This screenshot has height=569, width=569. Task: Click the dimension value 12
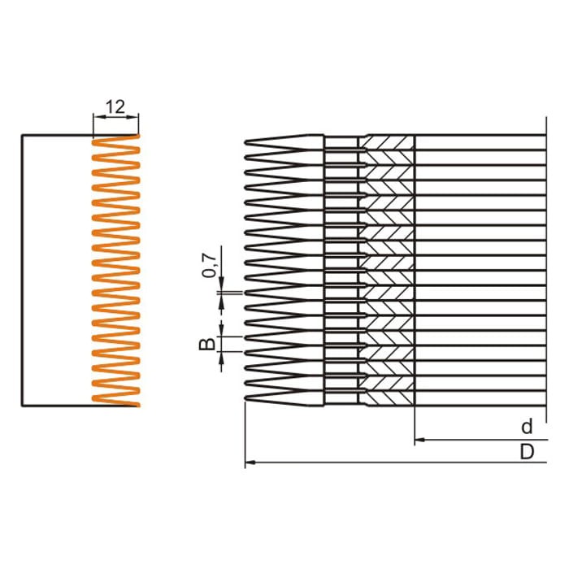tap(115, 106)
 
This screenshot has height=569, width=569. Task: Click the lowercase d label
tap(527, 427)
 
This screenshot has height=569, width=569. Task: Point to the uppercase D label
tap(527, 450)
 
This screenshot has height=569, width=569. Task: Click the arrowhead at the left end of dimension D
tap(249, 463)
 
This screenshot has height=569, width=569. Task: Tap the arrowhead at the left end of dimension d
tap(419, 441)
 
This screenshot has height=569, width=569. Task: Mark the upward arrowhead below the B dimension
tap(220, 358)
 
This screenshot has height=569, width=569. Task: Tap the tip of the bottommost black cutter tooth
tap(245, 397)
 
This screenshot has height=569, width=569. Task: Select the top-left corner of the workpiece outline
tap(21, 135)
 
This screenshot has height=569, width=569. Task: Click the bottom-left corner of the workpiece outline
tap(21, 405)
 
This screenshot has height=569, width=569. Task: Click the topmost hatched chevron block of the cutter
tap(388, 143)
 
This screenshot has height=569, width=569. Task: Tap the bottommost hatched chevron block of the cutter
tap(388, 397)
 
